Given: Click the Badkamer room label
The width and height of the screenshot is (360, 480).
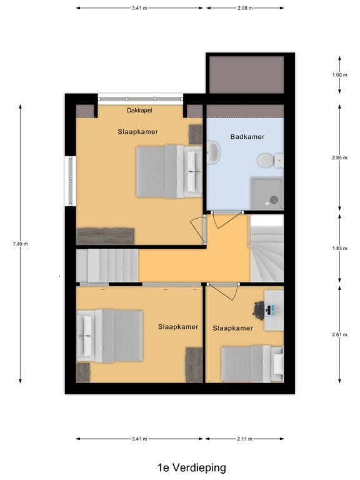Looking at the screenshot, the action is coord(247,137).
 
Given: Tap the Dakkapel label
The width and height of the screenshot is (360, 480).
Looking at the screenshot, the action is coord(139,110).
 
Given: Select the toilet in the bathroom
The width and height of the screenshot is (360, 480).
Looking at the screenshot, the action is coord(270,161).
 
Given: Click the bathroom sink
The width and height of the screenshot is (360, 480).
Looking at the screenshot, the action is coord(213,151).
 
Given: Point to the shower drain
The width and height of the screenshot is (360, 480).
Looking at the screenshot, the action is coord(274,199).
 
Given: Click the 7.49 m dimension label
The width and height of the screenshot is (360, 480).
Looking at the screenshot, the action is coord(20,244).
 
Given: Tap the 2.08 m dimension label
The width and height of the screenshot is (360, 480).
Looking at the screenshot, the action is coord(245,8).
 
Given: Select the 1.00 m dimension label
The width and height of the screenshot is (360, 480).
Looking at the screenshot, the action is coord(340,75).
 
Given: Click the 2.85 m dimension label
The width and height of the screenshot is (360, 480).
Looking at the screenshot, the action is coord(340,158).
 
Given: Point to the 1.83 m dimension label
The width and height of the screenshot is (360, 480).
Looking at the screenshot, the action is coord(340,248).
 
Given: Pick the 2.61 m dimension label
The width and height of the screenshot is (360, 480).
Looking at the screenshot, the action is coord(340,334).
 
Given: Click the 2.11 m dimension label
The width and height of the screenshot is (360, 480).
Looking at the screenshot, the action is coord(244,439).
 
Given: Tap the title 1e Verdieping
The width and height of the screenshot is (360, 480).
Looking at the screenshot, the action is coord(192,467).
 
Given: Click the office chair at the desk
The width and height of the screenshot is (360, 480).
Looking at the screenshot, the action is coord(259,311).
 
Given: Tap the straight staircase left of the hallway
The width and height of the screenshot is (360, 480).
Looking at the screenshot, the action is coord(107,266).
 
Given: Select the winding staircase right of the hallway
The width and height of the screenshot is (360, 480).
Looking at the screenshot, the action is coord(267,248).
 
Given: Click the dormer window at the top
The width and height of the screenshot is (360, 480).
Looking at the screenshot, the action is coord(141,99).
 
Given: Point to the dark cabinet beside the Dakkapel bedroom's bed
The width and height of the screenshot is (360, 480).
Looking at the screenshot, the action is coord(195,134).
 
